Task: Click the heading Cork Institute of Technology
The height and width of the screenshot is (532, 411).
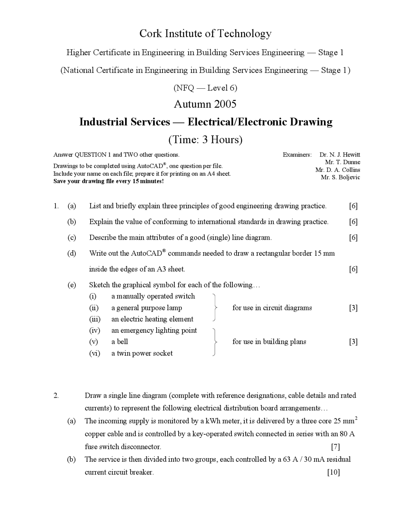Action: (x=205, y=33)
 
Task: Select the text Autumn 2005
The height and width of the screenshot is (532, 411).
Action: (x=205, y=104)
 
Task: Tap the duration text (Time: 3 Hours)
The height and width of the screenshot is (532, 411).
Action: (x=205, y=140)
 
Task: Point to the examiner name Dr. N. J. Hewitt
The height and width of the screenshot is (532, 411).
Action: (x=340, y=155)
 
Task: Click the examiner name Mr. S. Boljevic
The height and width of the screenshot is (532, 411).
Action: (x=340, y=177)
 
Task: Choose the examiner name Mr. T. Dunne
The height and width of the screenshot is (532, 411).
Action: (x=343, y=162)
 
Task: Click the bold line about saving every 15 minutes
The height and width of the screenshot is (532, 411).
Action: (x=109, y=181)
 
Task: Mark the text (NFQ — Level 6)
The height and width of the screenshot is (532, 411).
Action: (x=205, y=88)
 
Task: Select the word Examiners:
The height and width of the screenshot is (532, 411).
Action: (x=297, y=155)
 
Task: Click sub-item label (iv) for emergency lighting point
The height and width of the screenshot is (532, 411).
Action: (x=95, y=331)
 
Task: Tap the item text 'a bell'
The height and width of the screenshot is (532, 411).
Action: (x=120, y=342)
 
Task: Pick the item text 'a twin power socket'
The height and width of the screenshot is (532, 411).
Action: (x=142, y=353)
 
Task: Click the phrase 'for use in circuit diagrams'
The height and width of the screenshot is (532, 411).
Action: (x=272, y=308)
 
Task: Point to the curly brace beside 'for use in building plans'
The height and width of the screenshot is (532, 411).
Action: (x=214, y=342)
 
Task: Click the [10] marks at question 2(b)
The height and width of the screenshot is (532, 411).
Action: (x=334, y=472)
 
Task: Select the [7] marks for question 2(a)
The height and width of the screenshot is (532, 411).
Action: (x=335, y=447)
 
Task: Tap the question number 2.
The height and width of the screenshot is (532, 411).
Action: (x=56, y=395)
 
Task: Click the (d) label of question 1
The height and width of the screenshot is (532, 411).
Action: (x=72, y=253)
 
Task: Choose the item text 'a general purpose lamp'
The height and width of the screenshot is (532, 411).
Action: (x=146, y=308)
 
